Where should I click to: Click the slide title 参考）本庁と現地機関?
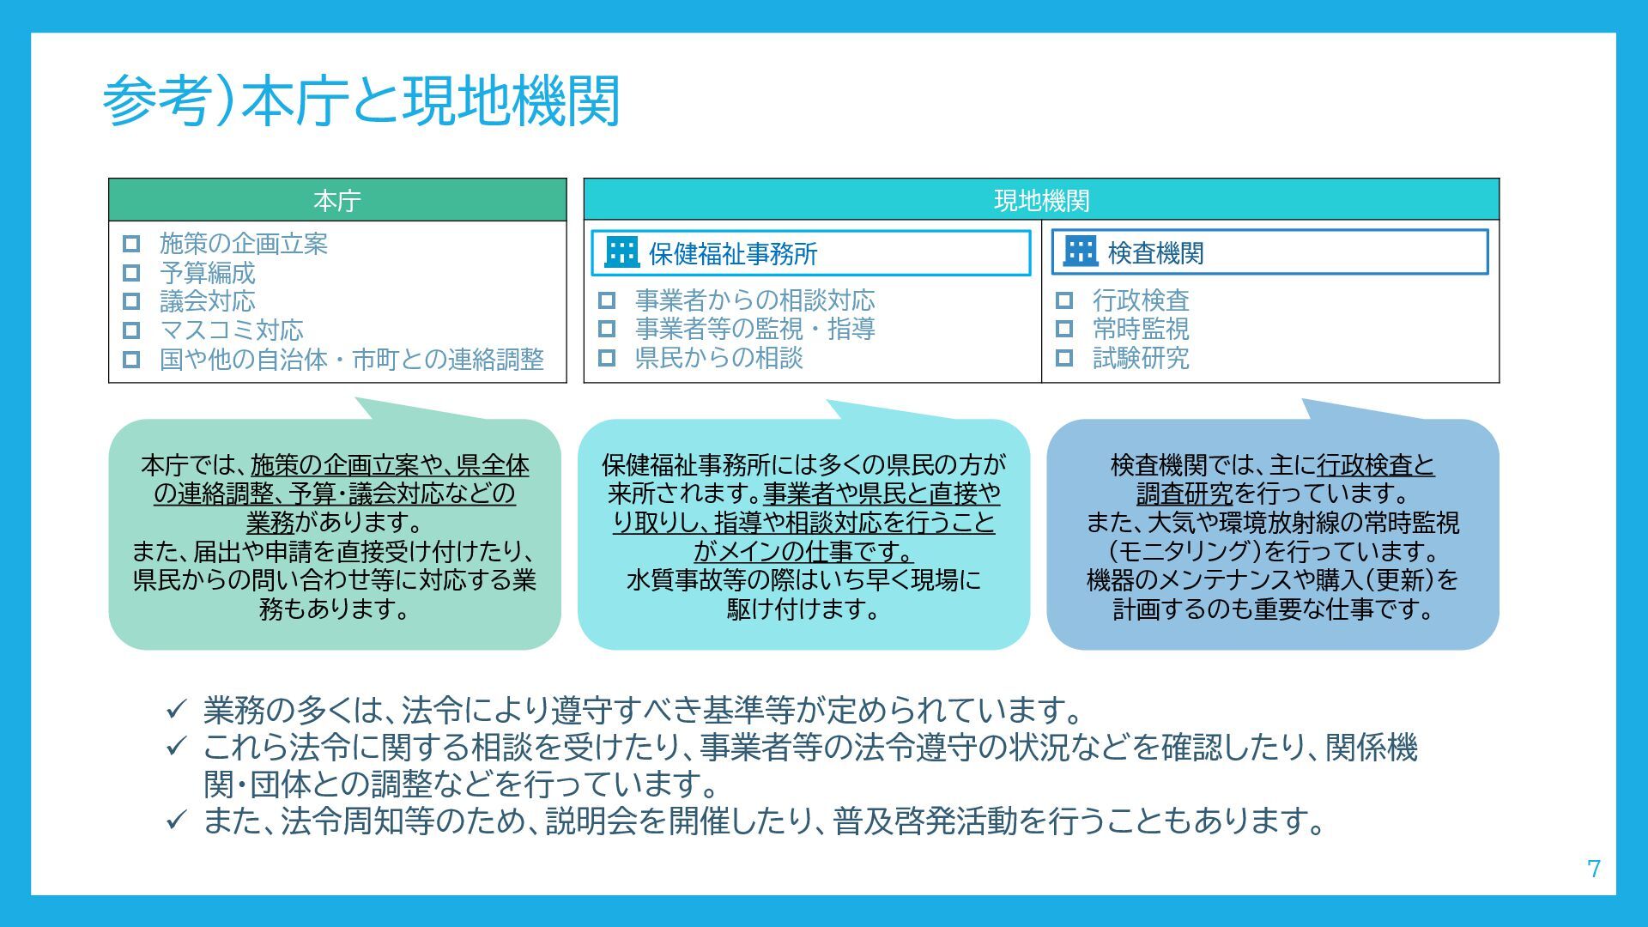click(x=360, y=101)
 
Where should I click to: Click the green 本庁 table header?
click(x=337, y=201)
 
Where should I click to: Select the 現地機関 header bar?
click(x=1041, y=200)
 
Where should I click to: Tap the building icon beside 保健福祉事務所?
click(x=621, y=252)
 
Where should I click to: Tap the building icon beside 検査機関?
click(x=1081, y=251)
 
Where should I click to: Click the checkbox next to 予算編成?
click(x=131, y=273)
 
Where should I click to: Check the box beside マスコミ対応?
click(x=131, y=330)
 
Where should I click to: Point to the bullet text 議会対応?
click(x=207, y=301)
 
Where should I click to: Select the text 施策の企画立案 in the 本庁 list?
click(x=244, y=244)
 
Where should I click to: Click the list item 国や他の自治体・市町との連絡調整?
click(x=352, y=359)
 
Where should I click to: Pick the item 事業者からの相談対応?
click(x=754, y=300)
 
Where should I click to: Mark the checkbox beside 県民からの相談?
click(x=607, y=358)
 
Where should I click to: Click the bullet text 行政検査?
click(x=1141, y=300)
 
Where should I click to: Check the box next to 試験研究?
click(x=1064, y=358)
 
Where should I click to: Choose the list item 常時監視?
click(x=1141, y=329)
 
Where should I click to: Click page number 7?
click(x=1594, y=869)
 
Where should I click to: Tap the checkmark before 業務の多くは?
click(x=176, y=710)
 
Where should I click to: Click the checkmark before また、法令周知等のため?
click(x=176, y=821)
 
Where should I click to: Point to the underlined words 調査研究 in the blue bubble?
click(x=1184, y=494)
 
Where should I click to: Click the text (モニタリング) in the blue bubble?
click(x=1184, y=551)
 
